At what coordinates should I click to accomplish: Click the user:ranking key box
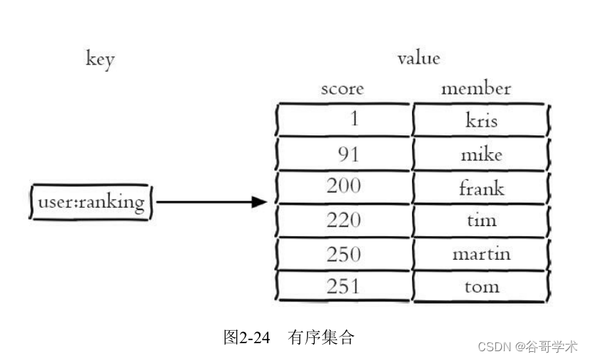coord(91,202)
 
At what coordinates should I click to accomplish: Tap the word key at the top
coord(100,59)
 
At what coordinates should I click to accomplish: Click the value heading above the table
coord(419,58)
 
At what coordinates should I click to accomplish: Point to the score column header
coord(342,89)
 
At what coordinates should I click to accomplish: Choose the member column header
coord(476,89)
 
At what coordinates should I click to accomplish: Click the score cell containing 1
coord(344,119)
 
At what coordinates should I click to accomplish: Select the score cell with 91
coord(344,154)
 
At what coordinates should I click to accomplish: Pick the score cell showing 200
coord(344,187)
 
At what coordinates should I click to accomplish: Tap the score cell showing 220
coord(344,220)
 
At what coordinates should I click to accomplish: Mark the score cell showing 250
coord(344,254)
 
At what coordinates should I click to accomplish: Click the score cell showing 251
coord(344,286)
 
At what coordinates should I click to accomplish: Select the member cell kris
coord(481,119)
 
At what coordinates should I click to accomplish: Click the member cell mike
coord(481,154)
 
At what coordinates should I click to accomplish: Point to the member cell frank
coord(481,187)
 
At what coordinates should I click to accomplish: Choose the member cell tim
coord(481,220)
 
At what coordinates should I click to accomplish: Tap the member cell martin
coord(481,254)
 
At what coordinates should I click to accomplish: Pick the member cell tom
coord(481,286)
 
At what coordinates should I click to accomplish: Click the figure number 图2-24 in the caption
coord(247,337)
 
